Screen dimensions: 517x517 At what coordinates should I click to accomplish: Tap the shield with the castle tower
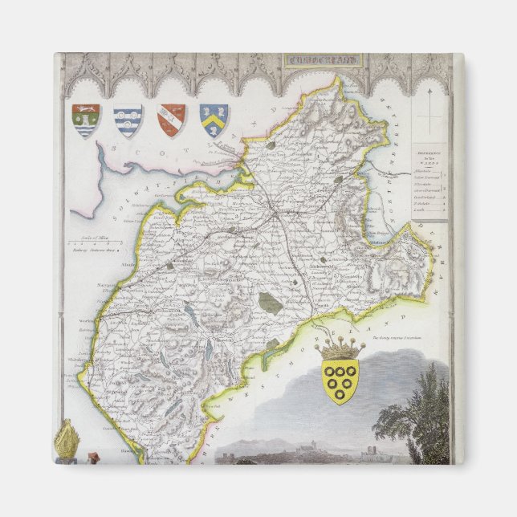coord(85,120)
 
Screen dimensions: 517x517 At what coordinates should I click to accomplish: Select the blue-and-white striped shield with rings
coord(127,120)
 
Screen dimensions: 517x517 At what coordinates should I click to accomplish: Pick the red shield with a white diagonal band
coord(171,120)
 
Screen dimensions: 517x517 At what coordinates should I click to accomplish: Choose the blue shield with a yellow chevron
coord(214,119)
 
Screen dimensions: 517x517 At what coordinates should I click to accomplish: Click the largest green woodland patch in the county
coord(270,303)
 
